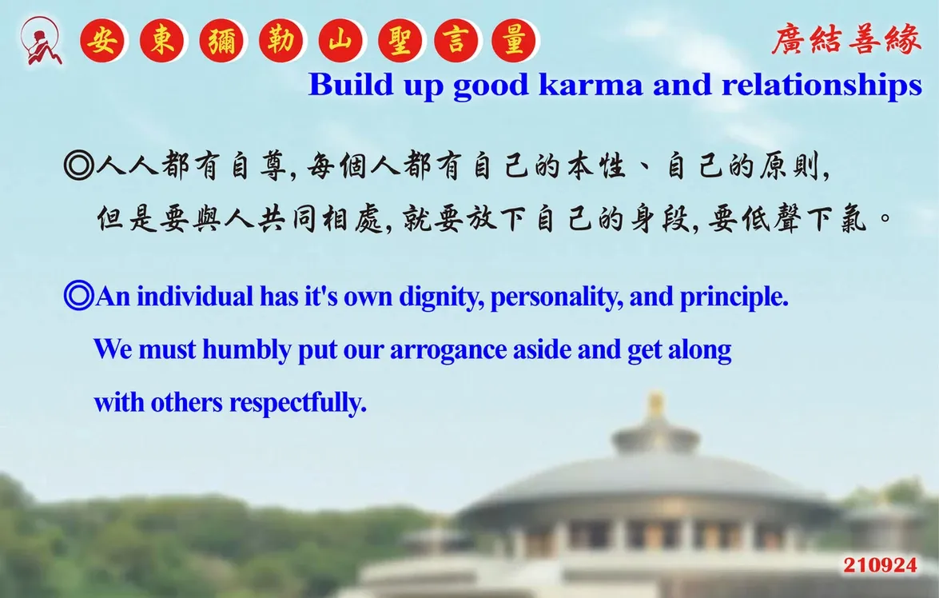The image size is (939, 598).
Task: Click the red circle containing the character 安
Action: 102,41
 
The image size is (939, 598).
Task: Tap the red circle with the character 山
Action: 340,41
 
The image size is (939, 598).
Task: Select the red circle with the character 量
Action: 514,41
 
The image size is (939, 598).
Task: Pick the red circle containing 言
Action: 456,41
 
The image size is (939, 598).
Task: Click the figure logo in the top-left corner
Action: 41,41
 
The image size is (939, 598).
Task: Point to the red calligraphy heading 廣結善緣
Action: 846,39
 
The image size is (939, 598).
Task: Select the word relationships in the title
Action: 822,86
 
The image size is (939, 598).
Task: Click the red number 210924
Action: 881,565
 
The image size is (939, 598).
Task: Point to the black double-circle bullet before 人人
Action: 78,166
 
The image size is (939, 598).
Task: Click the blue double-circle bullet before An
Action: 78,296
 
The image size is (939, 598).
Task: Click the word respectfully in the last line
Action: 297,403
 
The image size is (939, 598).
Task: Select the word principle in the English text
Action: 734,297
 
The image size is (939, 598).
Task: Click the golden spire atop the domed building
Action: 656,405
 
